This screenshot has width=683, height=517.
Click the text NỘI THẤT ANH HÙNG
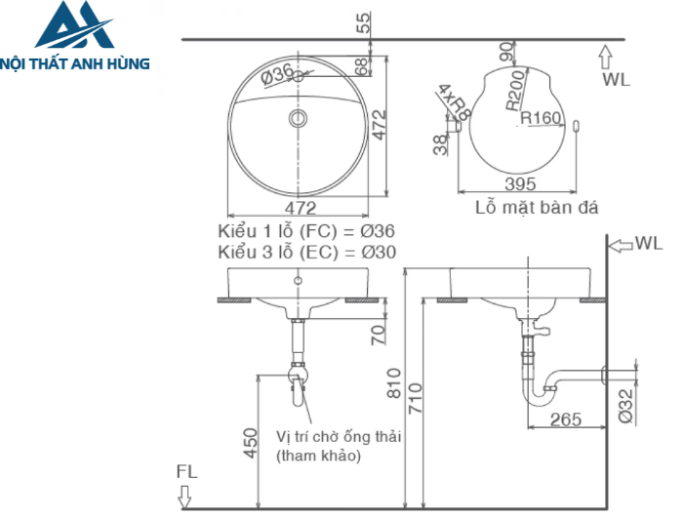[75, 64]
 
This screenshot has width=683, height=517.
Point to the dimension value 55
[364, 21]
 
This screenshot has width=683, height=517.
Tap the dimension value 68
[363, 67]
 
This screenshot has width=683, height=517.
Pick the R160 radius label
[541, 118]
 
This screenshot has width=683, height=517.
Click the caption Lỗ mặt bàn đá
[536, 207]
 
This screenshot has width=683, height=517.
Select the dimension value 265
[564, 419]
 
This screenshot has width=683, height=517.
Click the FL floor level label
[186, 471]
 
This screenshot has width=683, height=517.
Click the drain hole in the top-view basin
[299, 120]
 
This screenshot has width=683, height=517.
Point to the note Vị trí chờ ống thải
[339, 436]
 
